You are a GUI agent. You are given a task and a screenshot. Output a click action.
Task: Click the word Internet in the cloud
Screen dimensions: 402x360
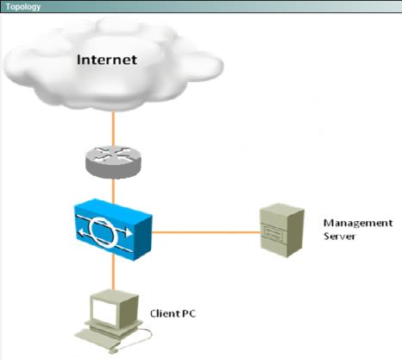pyautogui.click(x=107, y=60)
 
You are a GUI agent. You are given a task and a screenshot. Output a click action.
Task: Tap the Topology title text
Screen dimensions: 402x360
pyautogui.click(x=23, y=7)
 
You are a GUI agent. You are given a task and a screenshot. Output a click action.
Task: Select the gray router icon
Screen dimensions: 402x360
pyautogui.click(x=113, y=162)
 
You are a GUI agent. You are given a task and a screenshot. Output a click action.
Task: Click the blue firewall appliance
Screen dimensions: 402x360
pyautogui.click(x=113, y=230)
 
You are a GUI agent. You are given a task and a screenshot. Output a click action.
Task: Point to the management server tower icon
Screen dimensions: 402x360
pyautogui.click(x=282, y=231)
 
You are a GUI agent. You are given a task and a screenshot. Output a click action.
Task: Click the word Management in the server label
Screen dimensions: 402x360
pyautogui.click(x=358, y=223)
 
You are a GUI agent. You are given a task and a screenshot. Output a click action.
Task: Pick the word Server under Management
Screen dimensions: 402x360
pyautogui.click(x=339, y=237)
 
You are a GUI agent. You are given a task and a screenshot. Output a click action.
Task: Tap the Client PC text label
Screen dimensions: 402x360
pyautogui.click(x=173, y=313)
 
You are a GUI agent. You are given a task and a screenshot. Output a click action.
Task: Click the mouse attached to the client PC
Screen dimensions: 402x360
pyautogui.click(x=113, y=351)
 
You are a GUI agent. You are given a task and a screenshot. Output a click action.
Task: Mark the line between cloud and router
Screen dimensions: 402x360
pyautogui.click(x=113, y=129)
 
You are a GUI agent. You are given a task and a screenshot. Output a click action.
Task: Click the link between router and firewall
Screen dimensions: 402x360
pyautogui.click(x=113, y=191)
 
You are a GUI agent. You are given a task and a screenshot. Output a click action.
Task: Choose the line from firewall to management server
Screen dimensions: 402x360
pyautogui.click(x=206, y=232)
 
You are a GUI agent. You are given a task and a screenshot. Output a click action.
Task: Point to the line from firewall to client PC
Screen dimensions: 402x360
pyautogui.click(x=113, y=272)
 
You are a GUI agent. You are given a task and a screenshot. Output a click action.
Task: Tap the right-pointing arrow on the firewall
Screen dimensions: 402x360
pyautogui.click(x=126, y=232)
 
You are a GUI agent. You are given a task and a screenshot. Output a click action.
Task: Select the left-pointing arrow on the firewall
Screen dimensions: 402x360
pyautogui.click(x=85, y=232)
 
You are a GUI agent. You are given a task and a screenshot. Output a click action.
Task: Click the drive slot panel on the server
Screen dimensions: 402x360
pyautogui.click(x=273, y=232)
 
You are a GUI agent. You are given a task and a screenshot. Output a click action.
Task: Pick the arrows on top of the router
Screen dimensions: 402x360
pyautogui.click(x=113, y=155)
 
